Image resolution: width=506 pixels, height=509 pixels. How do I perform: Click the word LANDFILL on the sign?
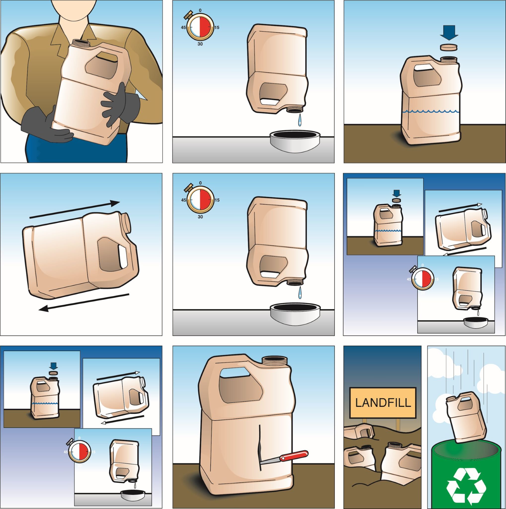383,403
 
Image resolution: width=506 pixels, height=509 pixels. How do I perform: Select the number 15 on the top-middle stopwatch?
216,27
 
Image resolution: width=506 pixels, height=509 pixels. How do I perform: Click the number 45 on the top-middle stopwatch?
184,27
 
